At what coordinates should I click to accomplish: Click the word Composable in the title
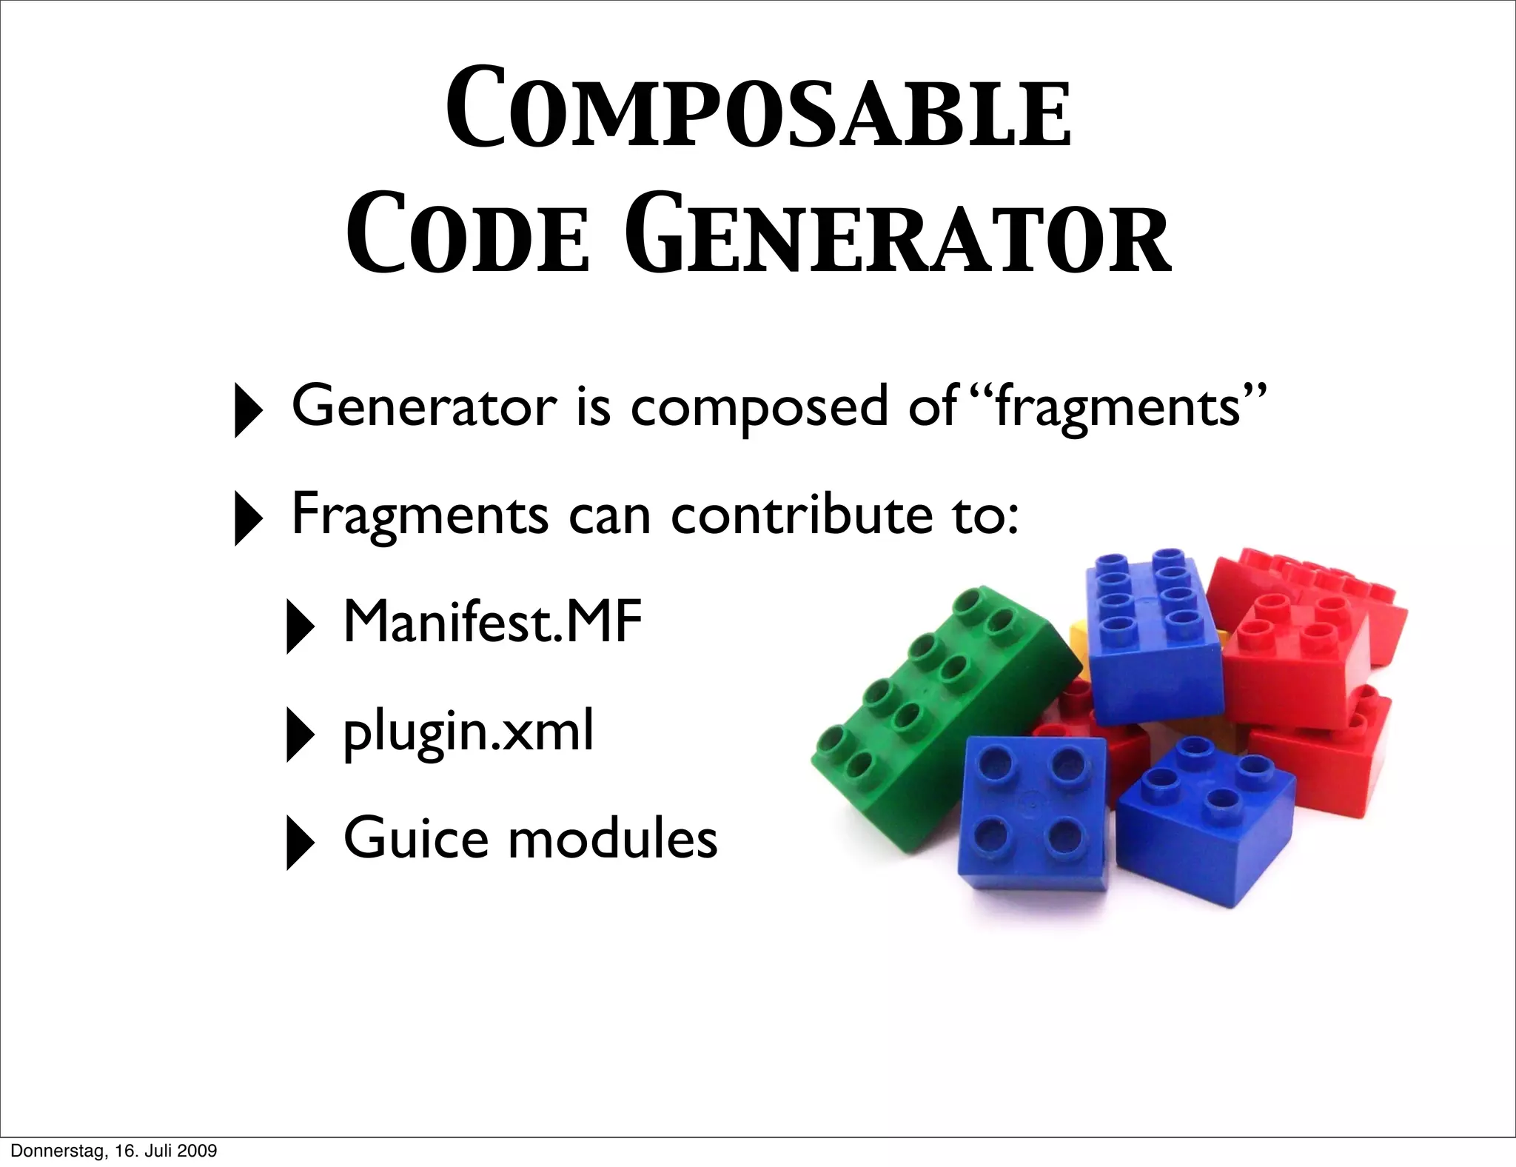[758, 110]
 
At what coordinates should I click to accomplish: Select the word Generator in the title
[898, 233]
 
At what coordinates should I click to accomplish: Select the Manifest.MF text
[492, 622]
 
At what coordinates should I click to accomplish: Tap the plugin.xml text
[468, 732]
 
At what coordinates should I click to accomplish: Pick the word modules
[614, 839]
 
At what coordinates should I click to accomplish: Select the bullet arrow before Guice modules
[299, 843]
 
